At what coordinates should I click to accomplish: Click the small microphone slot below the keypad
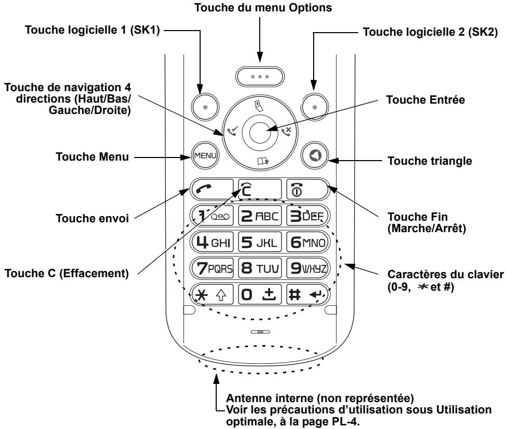(258, 330)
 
